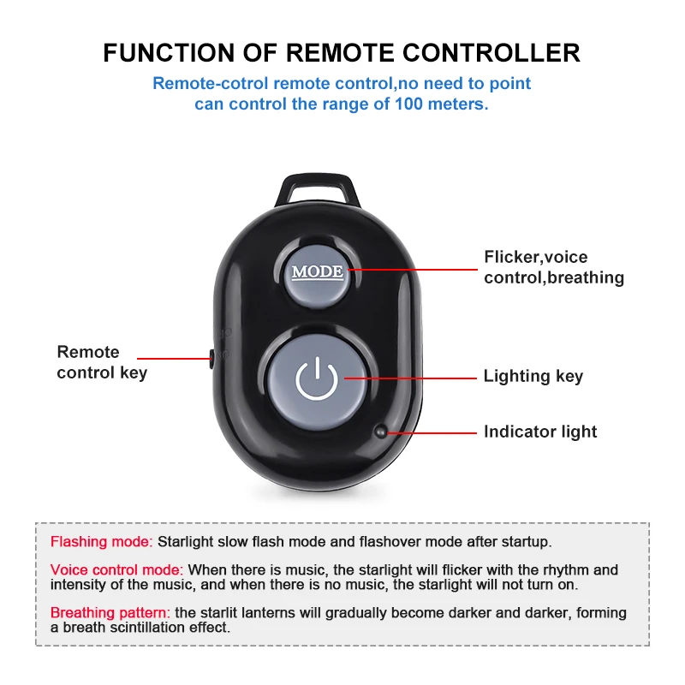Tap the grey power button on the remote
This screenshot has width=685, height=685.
(316, 377)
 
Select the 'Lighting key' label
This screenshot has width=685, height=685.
(533, 376)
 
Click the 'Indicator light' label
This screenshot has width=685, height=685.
(540, 432)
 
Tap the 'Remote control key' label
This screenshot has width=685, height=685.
(101, 362)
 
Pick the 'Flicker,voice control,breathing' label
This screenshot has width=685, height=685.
(553, 267)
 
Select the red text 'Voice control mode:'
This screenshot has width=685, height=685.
(117, 569)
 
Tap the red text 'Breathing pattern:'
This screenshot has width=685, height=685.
(110, 613)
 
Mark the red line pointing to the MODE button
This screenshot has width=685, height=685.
(411, 268)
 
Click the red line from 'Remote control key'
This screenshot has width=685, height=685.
(172, 358)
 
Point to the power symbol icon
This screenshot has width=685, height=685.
(316, 378)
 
